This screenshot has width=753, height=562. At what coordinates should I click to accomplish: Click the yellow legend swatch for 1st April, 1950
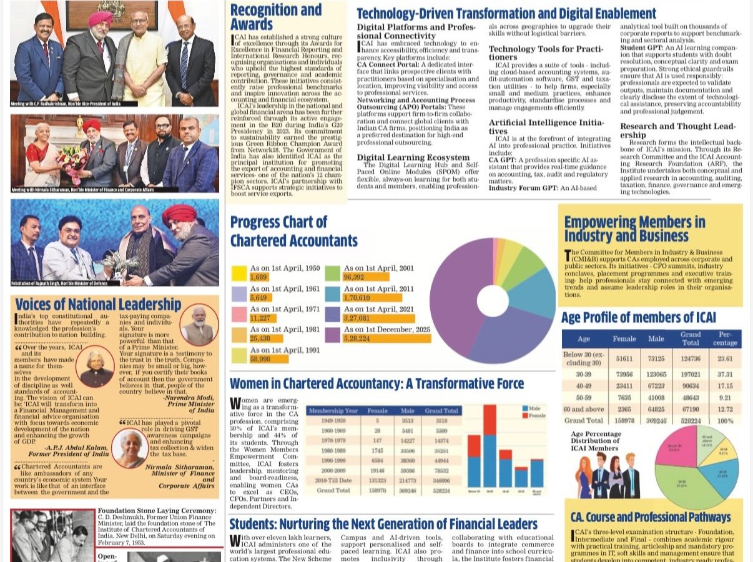coord(240,273)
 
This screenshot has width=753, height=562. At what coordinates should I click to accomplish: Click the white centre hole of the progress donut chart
coord(493,300)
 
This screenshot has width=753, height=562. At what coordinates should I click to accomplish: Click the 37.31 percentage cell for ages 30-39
coord(725,374)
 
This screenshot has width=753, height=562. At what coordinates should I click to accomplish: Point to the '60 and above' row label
coord(583,409)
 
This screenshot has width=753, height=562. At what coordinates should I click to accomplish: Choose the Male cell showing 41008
coord(656,397)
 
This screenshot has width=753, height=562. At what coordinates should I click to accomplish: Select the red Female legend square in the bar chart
coord(525,415)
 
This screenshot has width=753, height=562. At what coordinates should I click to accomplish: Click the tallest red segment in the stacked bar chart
coord(490,420)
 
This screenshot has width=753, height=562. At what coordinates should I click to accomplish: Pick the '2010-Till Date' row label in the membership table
coord(333,480)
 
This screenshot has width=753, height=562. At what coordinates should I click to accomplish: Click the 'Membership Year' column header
coord(333,411)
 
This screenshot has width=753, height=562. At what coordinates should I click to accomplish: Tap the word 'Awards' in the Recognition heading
coord(252,24)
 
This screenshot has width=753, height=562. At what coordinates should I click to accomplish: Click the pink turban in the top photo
coord(100,18)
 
